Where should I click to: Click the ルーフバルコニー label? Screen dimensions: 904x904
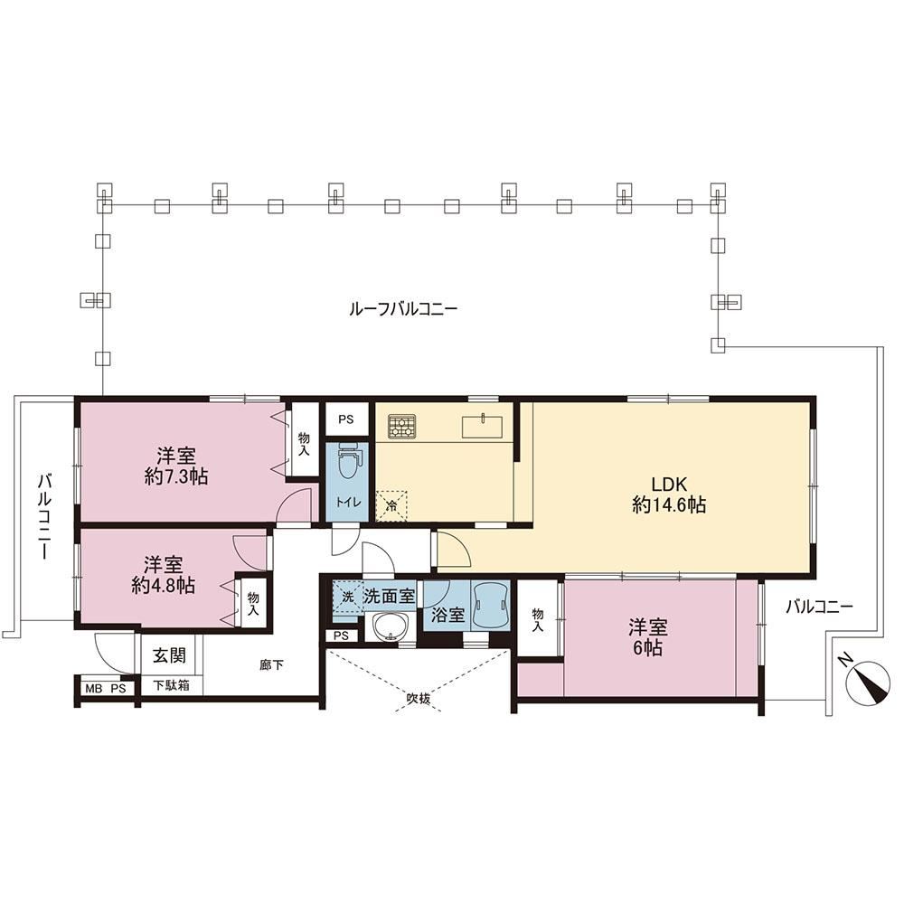403,309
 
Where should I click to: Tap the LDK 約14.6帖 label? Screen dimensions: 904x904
669,494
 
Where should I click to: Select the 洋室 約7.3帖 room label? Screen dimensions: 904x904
176,467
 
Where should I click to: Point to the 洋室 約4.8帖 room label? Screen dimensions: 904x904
163,575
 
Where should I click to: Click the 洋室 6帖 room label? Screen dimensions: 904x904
648,637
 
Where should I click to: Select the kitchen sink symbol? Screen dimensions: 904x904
482,426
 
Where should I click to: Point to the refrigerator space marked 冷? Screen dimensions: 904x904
391,506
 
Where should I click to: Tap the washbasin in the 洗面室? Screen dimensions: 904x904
391,626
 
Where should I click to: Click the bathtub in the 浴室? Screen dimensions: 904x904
491,606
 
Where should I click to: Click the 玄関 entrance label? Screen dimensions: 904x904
170,655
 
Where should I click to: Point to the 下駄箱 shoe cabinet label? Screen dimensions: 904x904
171,686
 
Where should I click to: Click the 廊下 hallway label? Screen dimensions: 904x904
271,665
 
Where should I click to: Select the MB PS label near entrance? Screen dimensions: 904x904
106,688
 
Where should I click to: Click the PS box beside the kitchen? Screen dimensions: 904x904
346,419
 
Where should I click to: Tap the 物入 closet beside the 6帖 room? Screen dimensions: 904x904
537,618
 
